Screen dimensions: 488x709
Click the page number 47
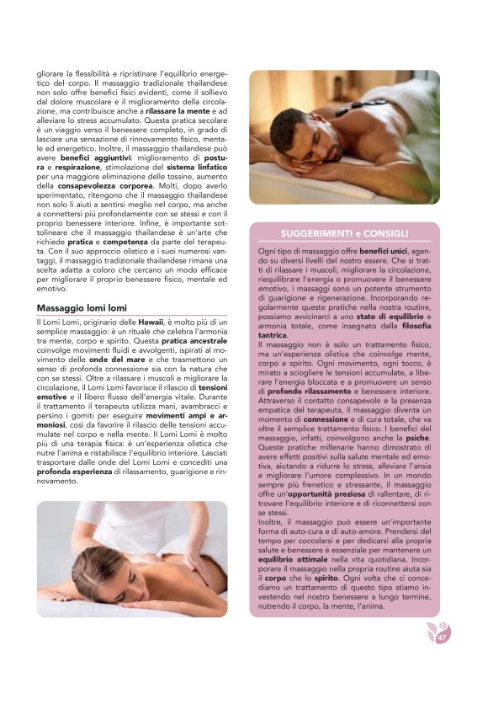click(441, 637)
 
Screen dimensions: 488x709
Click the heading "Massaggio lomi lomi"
click(82, 308)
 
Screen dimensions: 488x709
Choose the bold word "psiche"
click(421, 437)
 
